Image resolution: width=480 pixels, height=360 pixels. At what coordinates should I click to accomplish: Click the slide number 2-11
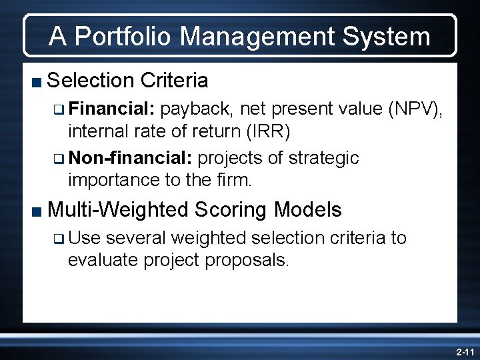click(464, 350)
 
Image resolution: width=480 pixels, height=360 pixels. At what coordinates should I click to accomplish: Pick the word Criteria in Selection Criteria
click(175, 81)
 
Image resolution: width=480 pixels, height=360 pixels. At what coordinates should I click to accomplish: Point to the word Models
click(308, 211)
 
